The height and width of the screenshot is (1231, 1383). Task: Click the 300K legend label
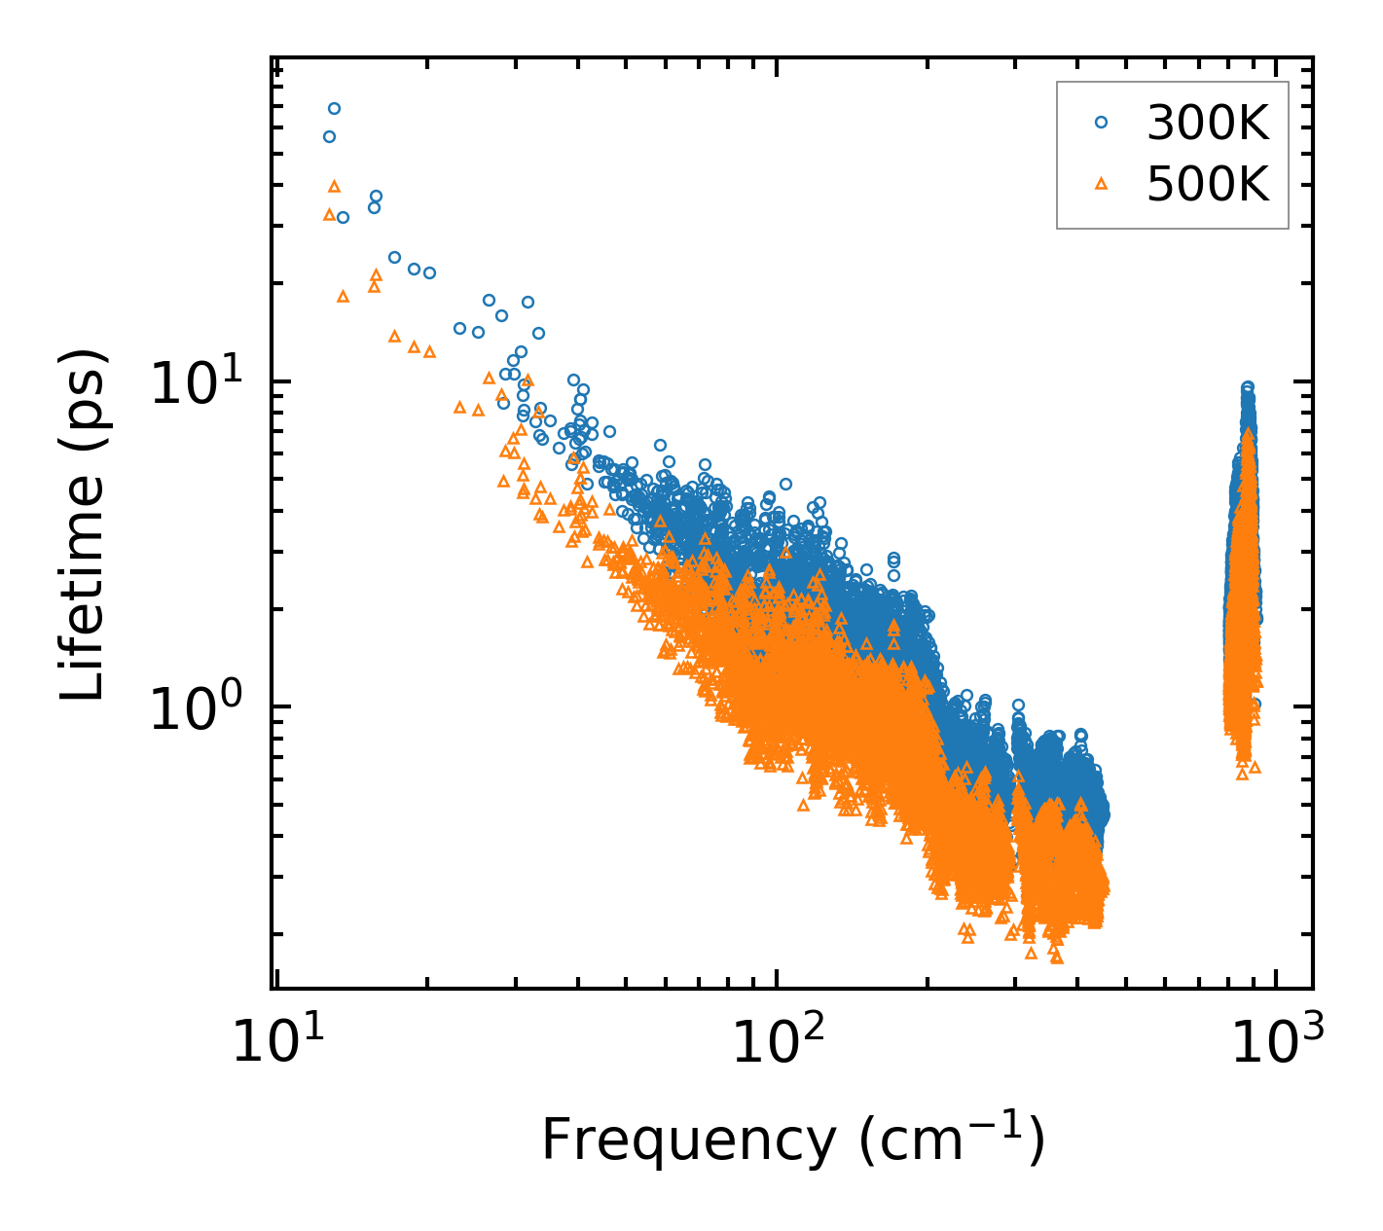[1208, 123]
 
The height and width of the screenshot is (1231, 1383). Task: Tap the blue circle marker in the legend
[1101, 123]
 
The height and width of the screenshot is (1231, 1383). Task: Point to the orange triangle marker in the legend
[1101, 183]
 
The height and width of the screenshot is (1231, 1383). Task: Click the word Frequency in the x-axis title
[687, 1140]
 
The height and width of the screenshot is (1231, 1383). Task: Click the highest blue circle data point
[334, 108]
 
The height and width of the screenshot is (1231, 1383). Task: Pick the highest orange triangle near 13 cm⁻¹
[334, 185]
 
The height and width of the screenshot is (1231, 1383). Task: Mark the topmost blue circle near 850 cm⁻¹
[1247, 387]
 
